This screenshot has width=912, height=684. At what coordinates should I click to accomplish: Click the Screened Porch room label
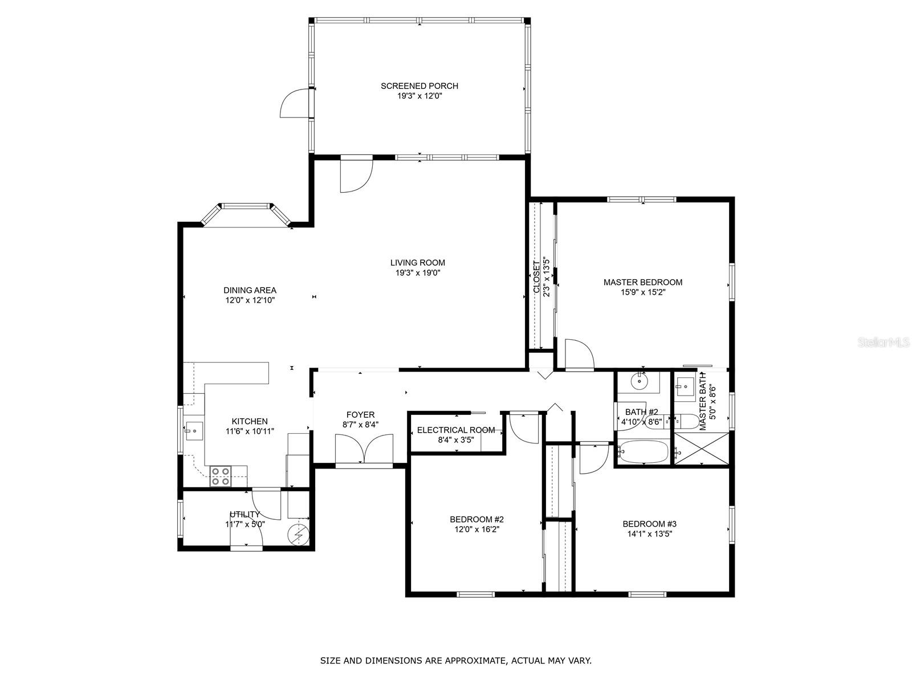(419, 86)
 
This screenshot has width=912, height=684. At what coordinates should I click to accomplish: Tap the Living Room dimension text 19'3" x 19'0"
(418, 273)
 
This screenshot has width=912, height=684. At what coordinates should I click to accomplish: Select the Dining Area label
(250, 290)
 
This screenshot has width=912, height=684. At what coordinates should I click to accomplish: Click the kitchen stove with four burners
(220, 477)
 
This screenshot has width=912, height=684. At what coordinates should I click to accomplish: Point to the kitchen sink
(194, 431)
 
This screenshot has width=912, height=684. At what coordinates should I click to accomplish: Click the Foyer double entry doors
(364, 449)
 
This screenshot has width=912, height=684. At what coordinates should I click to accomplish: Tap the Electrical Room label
(456, 430)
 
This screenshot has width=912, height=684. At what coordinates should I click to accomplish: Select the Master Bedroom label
(643, 282)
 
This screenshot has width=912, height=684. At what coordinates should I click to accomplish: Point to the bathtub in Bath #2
(643, 452)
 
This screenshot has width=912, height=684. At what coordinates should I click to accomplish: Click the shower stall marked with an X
(701, 448)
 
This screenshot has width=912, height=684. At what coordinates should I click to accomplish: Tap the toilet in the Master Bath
(687, 422)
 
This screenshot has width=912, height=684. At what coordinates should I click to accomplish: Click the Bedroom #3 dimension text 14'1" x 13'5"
(649, 534)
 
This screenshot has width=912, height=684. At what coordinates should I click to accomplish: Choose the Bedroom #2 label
(477, 519)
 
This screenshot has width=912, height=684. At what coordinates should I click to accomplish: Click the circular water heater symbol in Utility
(299, 535)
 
